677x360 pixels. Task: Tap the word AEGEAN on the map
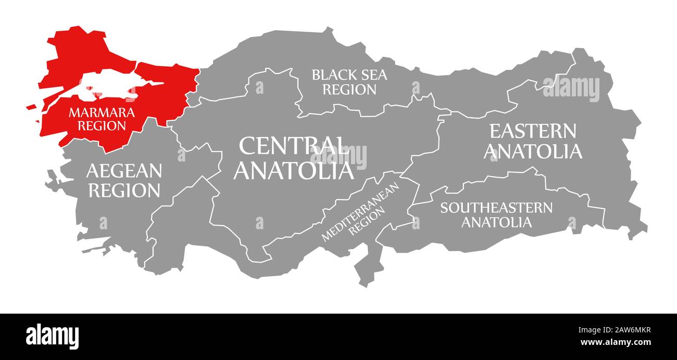[x=124, y=170]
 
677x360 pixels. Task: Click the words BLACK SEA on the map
[x=349, y=75]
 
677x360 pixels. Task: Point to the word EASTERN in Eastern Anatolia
[x=532, y=131]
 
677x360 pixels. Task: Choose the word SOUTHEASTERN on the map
[x=496, y=208]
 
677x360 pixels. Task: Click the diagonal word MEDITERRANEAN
[x=359, y=211]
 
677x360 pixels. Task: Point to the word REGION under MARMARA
[x=102, y=126]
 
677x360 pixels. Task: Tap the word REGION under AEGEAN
[x=124, y=191]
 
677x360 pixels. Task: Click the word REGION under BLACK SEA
[x=349, y=90]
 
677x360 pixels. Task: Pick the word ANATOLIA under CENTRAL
[x=294, y=170]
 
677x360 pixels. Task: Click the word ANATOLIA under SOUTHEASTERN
[x=497, y=222]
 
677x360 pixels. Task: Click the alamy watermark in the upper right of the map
[x=571, y=89]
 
